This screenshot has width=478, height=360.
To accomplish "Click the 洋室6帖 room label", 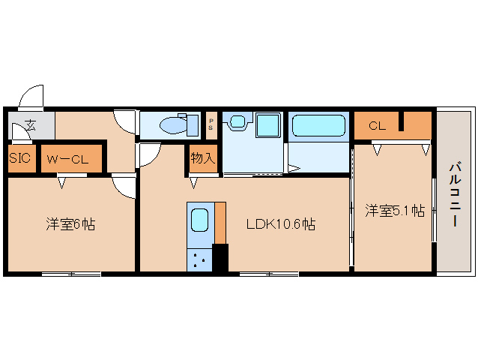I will point(70,223).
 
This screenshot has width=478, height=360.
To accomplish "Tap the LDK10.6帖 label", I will point(281,223).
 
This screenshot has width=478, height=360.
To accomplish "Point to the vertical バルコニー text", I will point(455,194).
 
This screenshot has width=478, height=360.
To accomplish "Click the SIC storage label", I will point(20,159).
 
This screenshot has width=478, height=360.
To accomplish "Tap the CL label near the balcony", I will point(377,125).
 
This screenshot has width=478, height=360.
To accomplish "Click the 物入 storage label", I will point(202,158).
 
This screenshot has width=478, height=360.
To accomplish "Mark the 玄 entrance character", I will point(31,124).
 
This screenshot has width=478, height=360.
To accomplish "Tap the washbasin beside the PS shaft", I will point(238,121).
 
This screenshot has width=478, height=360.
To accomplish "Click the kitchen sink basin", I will point(199,220).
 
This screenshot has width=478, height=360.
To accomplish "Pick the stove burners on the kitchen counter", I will point(199,259).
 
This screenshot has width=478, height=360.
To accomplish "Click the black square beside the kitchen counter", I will point(220,256).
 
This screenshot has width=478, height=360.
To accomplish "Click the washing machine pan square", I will point(267,124).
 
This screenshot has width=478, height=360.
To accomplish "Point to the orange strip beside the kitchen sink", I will point(220,222).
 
